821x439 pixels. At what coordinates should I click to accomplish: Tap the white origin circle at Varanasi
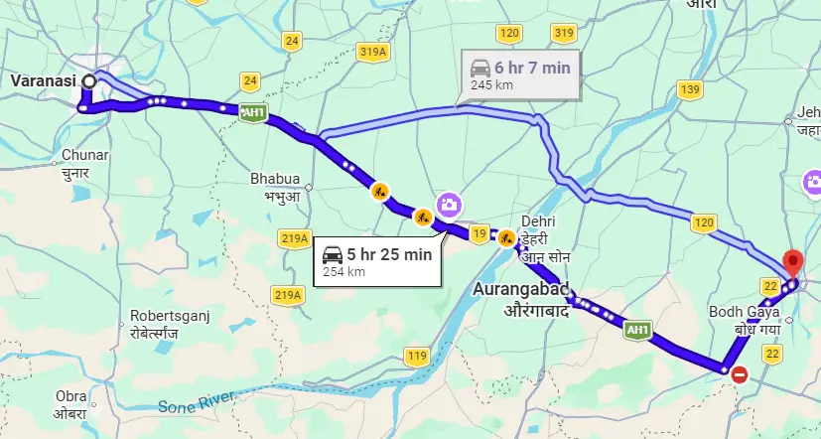[x=89, y=80]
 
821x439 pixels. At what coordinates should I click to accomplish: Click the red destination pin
[x=792, y=263]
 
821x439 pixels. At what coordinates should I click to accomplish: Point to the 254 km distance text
[x=342, y=271]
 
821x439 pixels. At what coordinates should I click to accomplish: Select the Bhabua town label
[x=274, y=180]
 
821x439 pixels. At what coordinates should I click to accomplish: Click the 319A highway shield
[x=372, y=52]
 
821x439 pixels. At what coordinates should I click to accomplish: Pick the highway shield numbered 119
[x=417, y=356]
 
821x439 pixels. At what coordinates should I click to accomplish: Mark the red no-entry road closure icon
[x=740, y=374]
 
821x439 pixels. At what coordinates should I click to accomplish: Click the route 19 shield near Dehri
[x=479, y=234]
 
